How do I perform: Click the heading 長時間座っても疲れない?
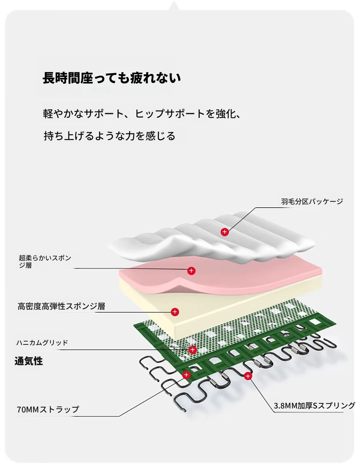tap(112, 78)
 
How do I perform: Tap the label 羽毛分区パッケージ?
tap(312, 201)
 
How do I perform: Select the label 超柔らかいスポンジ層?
tap(45, 262)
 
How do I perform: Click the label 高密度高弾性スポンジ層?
tap(61, 306)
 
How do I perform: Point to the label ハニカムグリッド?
tap(42, 343)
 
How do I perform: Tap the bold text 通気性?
tap(28, 361)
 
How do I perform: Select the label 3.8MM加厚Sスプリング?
tap(314, 406)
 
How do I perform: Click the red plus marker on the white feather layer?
tap(225, 232)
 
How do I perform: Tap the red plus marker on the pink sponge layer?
tap(191, 271)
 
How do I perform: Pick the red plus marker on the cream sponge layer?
tap(175, 312)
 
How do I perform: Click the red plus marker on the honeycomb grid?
tap(193, 350)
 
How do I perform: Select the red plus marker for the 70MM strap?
tap(186, 375)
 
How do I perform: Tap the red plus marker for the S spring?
tap(248, 376)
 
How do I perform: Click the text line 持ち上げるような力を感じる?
tap(109, 136)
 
